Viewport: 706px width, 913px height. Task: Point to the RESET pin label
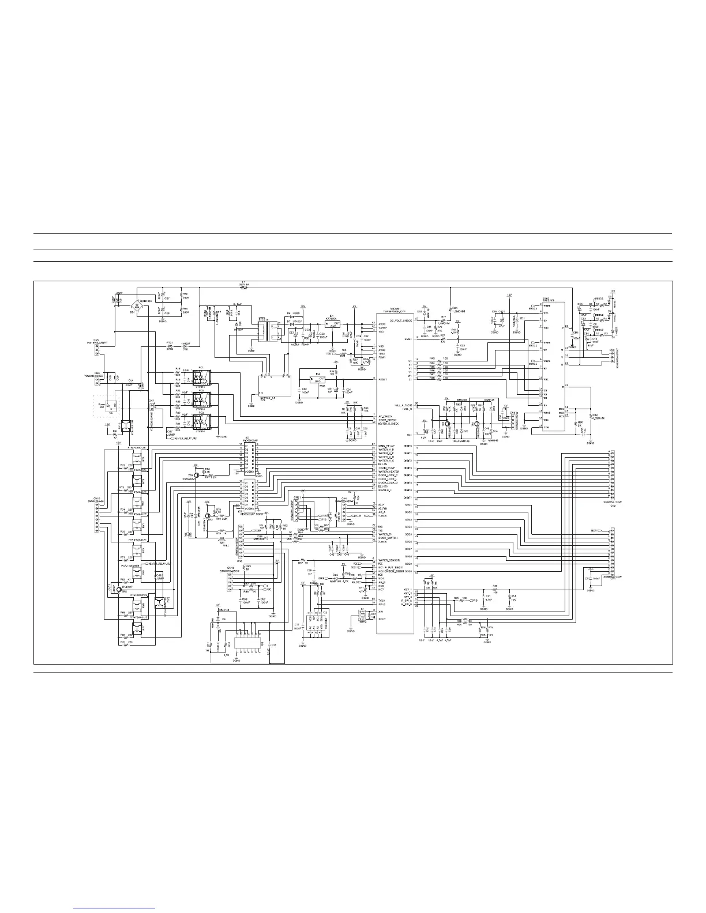[x=382, y=380]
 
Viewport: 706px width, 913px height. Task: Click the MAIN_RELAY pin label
[x=387, y=446]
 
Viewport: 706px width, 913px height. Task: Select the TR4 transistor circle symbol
[x=196, y=475]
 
